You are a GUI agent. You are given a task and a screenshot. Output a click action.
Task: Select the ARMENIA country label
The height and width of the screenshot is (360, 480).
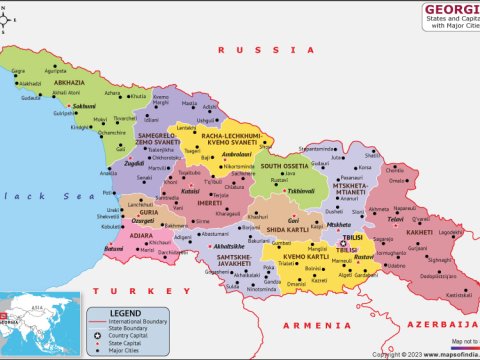(315, 326)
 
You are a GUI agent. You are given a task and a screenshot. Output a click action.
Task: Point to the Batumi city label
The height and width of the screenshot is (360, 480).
(113, 248)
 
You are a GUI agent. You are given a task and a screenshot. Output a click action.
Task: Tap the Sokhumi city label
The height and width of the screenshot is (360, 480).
(84, 105)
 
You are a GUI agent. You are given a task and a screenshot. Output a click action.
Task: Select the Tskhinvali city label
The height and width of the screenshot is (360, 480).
(301, 190)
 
